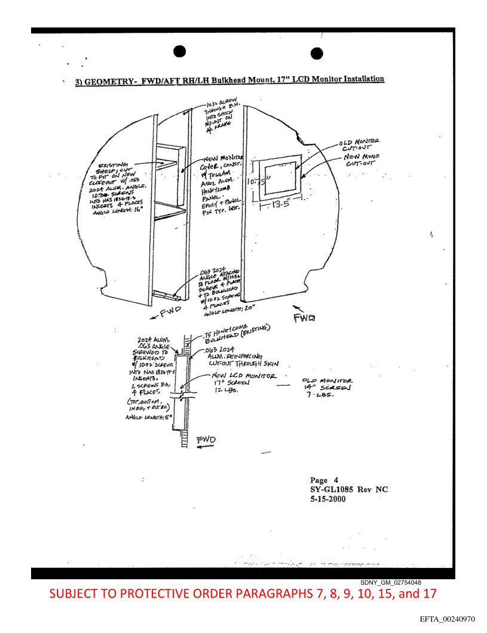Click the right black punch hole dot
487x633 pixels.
317,53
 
